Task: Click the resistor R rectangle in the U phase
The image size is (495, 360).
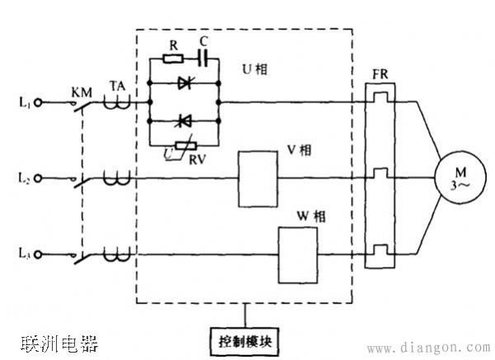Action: coord(172,59)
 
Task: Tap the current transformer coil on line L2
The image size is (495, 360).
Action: coord(116,177)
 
